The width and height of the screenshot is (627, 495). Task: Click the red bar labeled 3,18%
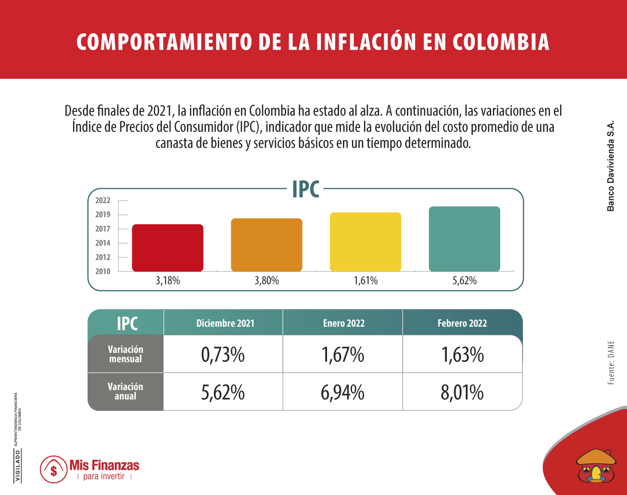168,248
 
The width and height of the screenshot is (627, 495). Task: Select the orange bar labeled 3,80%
266,245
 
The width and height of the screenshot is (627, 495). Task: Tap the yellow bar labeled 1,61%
365,242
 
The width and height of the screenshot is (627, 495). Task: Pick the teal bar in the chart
464,239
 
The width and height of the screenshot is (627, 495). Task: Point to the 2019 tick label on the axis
103,215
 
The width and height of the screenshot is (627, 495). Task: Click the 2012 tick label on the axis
103,257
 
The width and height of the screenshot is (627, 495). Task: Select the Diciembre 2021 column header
225,323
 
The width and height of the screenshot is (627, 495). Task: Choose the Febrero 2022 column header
462,323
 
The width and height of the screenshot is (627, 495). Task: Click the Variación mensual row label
125,354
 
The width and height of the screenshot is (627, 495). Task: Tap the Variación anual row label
125,392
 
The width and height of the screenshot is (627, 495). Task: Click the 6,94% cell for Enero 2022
343,392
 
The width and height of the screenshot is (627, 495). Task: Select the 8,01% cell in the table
462,392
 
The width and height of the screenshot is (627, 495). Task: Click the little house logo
596,466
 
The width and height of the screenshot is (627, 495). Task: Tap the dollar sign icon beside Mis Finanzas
54,470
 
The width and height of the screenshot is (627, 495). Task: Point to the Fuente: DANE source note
611,363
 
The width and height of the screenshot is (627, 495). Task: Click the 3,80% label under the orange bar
266,281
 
